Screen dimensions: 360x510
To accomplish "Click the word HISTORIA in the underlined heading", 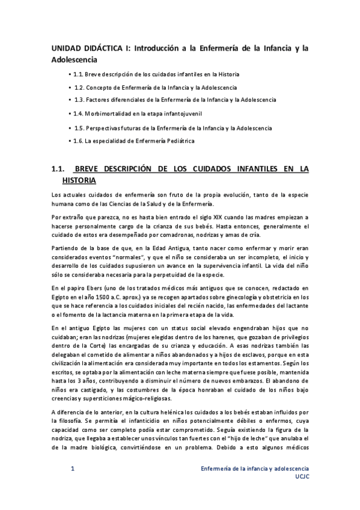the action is click(79, 180).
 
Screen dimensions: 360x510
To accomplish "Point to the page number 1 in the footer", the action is click(72, 468).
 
